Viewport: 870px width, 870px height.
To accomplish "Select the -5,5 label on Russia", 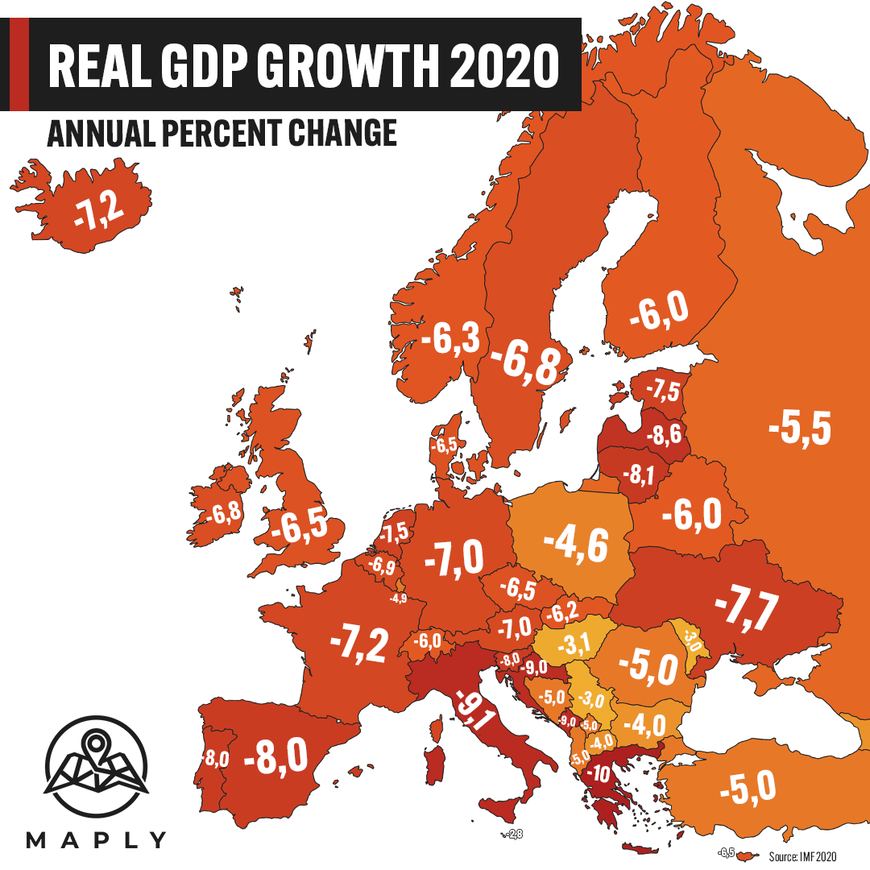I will (799, 427).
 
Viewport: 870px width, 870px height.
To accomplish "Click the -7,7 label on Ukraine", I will (746, 608).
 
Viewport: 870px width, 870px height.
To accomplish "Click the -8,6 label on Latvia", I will (668, 437).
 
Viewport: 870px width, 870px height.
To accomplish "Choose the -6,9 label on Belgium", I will (381, 567).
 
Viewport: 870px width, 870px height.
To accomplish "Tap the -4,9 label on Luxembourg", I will (398, 599).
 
